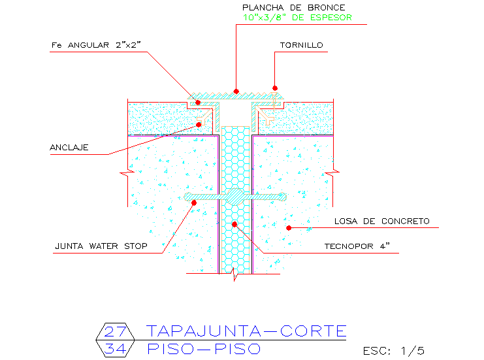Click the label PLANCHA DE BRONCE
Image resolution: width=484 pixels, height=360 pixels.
tap(293, 7)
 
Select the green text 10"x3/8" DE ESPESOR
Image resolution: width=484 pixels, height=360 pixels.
tap(297, 18)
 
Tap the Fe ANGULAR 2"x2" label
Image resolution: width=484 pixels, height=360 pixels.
tap(96, 45)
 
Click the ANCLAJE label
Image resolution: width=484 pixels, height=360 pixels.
tap(69, 147)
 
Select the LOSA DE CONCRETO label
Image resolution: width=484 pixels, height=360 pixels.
tap(382, 221)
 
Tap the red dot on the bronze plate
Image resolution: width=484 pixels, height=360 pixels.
tap(236, 91)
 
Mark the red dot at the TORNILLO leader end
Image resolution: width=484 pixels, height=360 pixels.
tap(275, 88)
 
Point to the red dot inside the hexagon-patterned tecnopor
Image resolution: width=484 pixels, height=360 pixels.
tap(234, 224)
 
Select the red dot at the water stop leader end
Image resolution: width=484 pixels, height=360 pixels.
tap(193, 203)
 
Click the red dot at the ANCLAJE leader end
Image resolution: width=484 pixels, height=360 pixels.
tap(199, 124)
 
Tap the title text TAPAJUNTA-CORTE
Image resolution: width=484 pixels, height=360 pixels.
tap(246, 331)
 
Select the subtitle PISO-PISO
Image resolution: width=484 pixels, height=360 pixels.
tap(203, 349)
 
